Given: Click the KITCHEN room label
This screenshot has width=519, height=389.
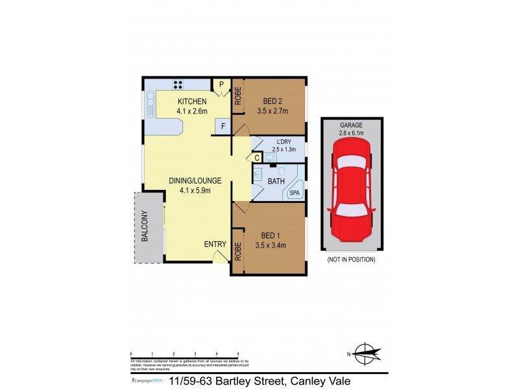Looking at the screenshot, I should tap(191, 101).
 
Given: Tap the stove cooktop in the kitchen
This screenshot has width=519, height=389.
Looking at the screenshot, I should tap(179, 84).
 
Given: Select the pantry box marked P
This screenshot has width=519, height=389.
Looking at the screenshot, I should tap(221, 84).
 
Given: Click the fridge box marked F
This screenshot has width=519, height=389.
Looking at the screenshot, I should tap(223, 126).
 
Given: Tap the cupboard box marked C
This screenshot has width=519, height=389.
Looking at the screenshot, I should tap(257, 157).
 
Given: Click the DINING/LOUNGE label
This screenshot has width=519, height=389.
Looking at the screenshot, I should tap(195, 180).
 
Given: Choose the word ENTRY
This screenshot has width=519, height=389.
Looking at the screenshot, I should tap(215, 244).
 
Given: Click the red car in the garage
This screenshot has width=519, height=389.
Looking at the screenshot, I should tap(351, 195).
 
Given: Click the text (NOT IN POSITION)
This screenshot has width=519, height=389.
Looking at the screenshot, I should tap(351, 259).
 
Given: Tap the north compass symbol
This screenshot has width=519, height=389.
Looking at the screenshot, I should tap(365, 354).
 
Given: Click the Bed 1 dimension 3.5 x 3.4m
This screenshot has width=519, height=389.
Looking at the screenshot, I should tap(273, 244).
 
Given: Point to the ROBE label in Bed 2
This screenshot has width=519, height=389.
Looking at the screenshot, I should tap(238, 97).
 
